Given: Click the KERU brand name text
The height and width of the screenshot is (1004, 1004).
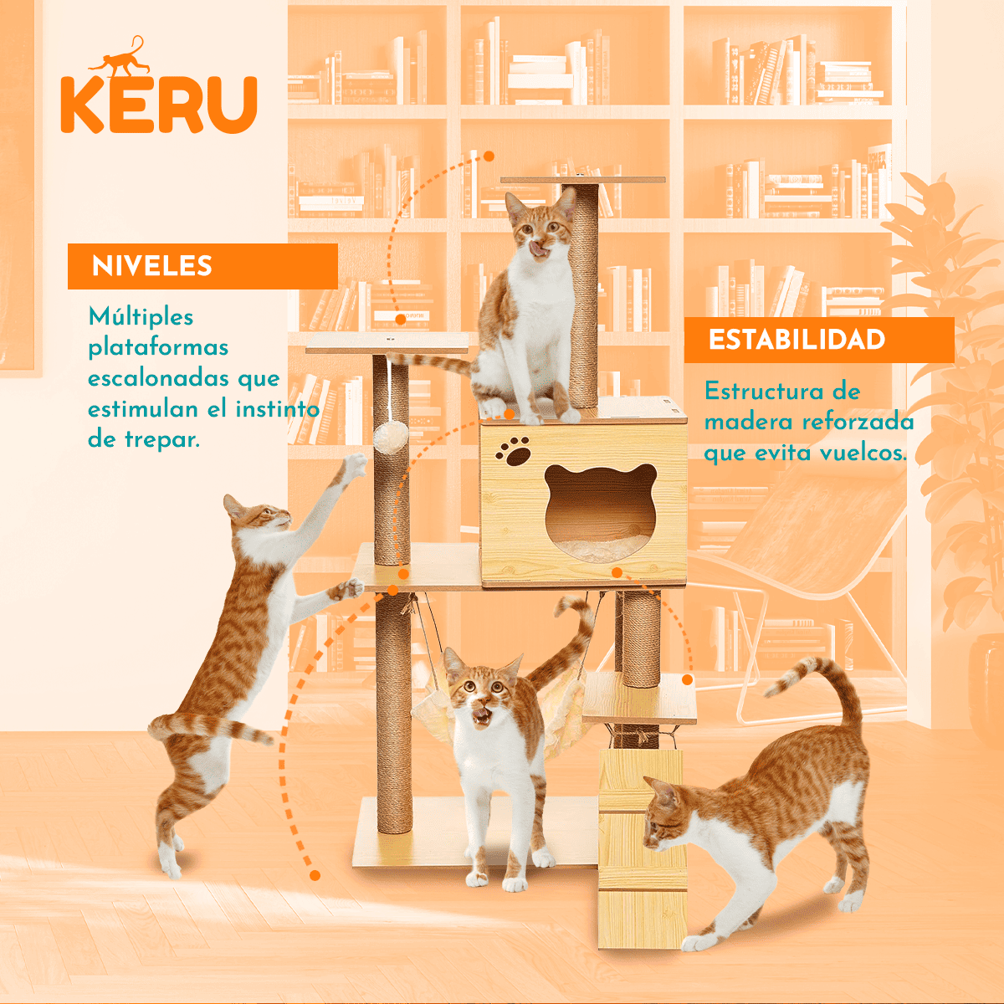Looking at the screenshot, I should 158,105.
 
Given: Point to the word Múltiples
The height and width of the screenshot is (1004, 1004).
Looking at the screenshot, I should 141,317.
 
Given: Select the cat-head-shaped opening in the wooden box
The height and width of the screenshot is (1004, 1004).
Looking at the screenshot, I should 600,507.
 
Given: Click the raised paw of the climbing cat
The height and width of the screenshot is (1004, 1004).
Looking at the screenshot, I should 357,464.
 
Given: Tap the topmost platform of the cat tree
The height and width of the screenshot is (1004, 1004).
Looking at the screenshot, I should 582,179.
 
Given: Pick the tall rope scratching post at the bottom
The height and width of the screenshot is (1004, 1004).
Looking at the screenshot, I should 393,711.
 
